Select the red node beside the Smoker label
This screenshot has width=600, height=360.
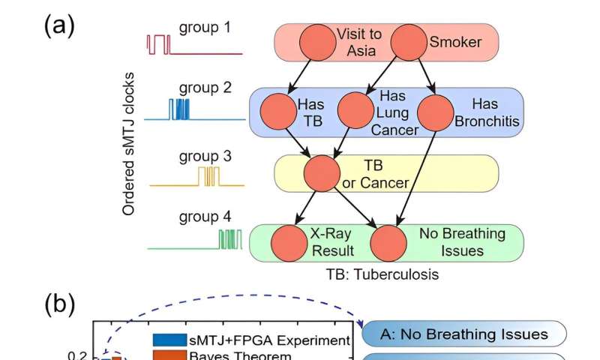(409, 43)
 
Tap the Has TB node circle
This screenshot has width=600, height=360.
(278, 111)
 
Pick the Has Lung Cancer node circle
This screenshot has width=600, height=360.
(356, 111)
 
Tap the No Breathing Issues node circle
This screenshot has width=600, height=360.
(388, 243)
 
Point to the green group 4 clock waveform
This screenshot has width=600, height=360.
(227, 240)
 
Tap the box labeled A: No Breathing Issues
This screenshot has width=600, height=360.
(463, 334)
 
